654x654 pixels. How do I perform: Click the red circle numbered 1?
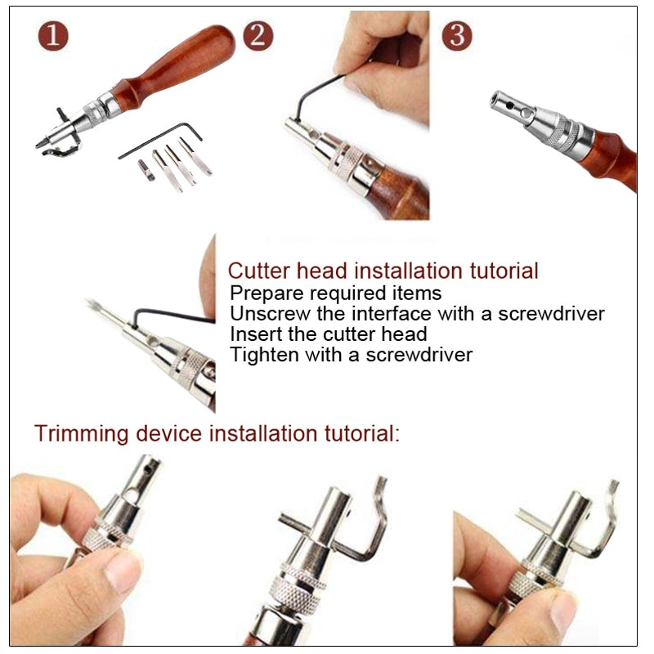pos(53,36)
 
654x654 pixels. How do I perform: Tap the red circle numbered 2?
pos(258,36)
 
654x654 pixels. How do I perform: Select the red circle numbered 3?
pos(457,36)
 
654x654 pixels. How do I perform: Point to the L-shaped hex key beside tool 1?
pos(160,140)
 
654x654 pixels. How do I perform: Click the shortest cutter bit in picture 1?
pos(146,170)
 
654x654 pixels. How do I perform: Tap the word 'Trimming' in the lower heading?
pos(82,433)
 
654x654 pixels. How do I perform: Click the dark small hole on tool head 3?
pos(509,105)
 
